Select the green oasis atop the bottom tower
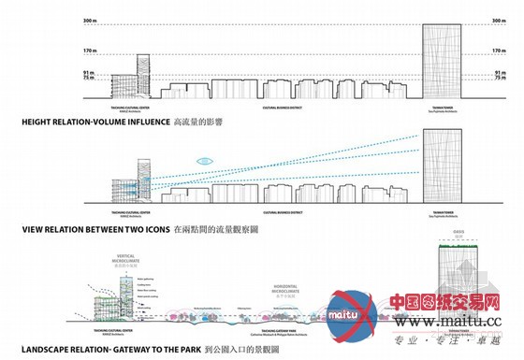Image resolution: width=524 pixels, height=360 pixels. pyautogui.click(x=458, y=252)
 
